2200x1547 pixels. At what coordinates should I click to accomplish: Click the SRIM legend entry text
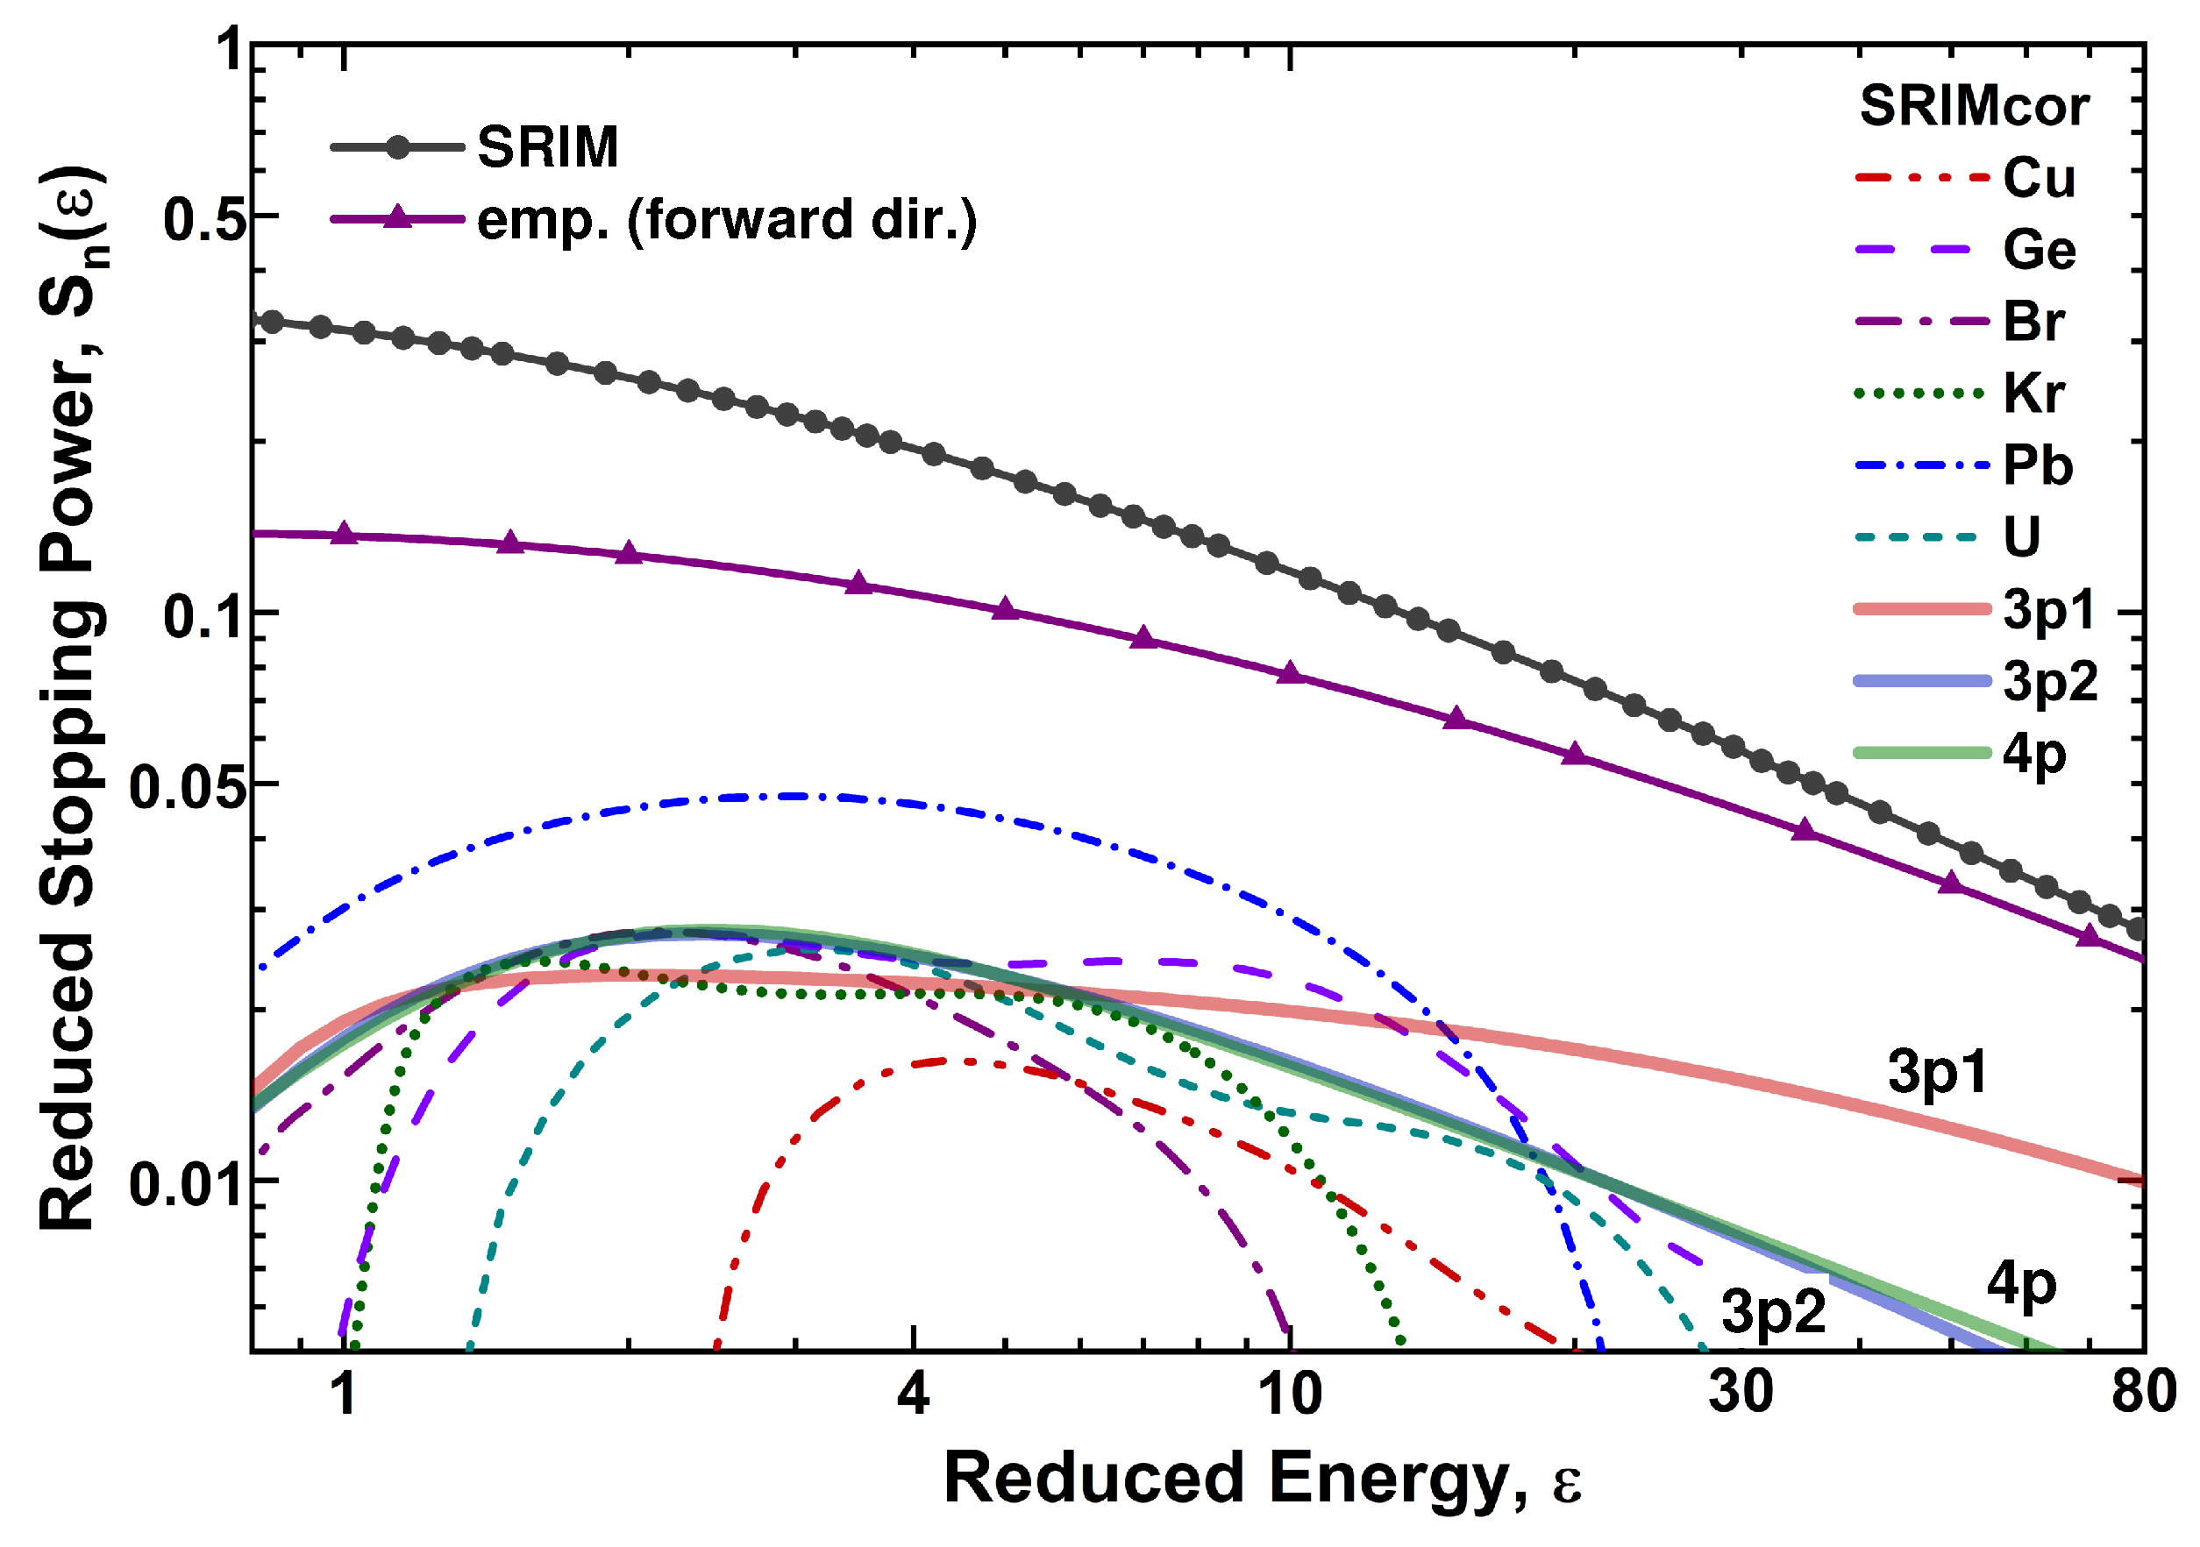coord(547,147)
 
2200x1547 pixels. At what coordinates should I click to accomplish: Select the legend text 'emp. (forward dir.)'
coord(726,220)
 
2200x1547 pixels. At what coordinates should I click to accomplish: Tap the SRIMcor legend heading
coord(1974,105)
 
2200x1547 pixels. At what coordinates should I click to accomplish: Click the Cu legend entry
coord(2039,178)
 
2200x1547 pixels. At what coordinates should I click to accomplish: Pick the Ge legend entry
coord(2039,250)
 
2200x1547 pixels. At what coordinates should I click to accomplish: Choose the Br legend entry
coord(2033,322)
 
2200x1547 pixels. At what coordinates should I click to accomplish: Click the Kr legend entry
coord(2033,394)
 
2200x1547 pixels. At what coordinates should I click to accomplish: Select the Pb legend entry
coord(2038,465)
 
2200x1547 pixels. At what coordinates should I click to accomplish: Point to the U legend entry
coord(2022,537)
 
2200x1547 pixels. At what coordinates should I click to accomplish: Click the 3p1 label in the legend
coord(2048,610)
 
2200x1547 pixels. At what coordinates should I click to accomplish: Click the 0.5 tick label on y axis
coord(204,220)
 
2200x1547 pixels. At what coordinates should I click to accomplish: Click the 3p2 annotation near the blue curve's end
coord(1774,1311)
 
